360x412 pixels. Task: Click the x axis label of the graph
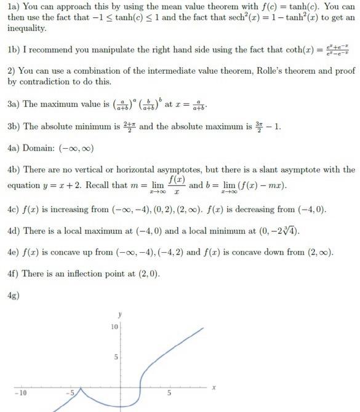[x=214, y=387]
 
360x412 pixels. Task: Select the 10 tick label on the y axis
[x=114, y=327]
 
